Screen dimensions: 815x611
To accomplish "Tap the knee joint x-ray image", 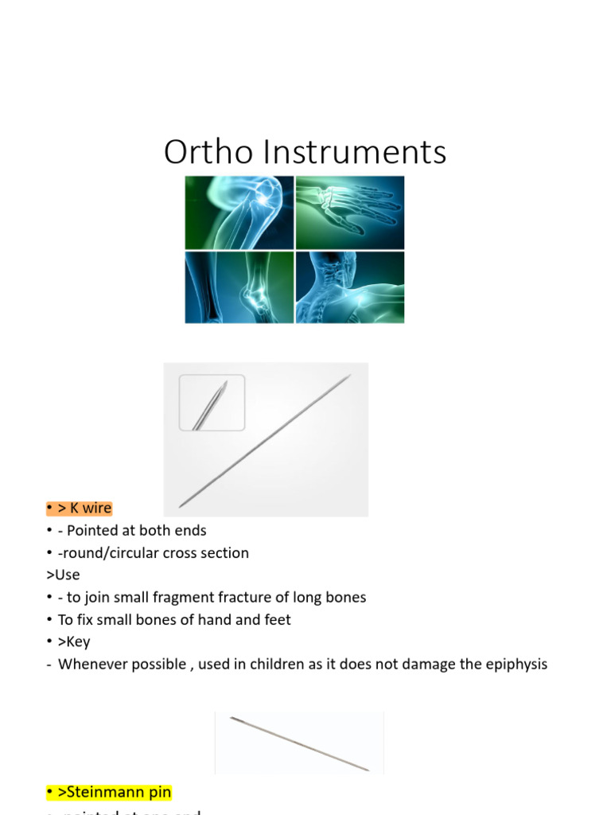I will pos(239,213).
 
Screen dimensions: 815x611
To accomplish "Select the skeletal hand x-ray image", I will pos(350,213).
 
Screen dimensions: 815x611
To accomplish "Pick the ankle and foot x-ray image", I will pos(239,287).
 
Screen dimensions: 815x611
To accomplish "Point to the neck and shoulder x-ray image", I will pos(350,287).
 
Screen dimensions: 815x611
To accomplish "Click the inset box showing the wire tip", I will pos(212,403).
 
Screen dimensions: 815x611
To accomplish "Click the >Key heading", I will pos(74,641).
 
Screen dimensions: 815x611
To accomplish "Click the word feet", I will pos(276,619).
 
